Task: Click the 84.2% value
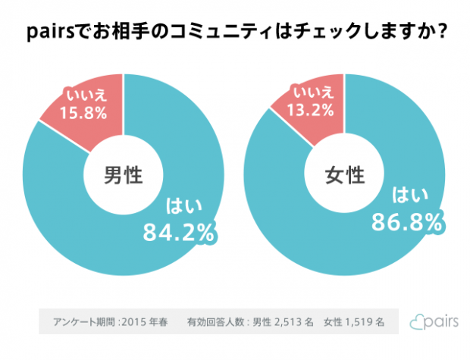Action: point(179,232)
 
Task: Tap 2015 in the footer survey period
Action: point(133,321)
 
